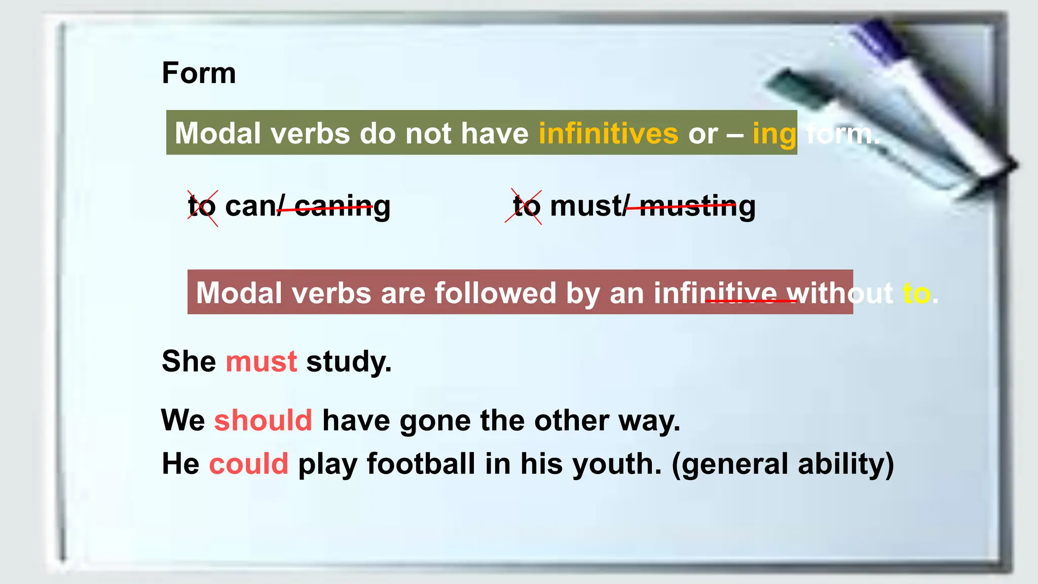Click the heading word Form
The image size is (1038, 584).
click(x=199, y=73)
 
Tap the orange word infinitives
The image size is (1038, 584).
click(x=608, y=133)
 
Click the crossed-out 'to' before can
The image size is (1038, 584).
click(x=202, y=207)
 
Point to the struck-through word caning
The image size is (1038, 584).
click(x=342, y=207)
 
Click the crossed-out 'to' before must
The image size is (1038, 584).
click(x=526, y=207)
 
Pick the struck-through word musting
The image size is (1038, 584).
click(x=697, y=207)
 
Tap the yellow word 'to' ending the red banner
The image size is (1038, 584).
click(x=916, y=294)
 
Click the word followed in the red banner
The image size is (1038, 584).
click(x=495, y=293)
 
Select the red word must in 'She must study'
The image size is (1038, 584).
click(x=261, y=361)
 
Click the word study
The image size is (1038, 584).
click(x=349, y=362)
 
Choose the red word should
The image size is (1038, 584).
click(x=263, y=420)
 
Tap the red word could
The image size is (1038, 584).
click(x=248, y=464)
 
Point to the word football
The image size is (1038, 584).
click(x=421, y=464)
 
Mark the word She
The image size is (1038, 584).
click(x=189, y=361)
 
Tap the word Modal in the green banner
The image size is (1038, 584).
click(x=219, y=133)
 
